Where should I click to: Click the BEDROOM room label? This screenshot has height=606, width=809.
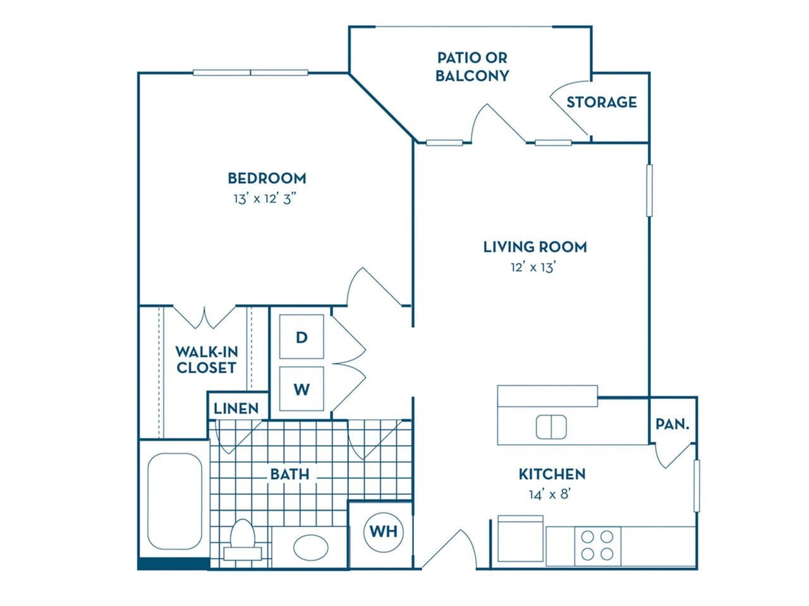click(267, 178)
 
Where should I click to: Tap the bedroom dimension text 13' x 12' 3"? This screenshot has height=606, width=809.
click(265, 199)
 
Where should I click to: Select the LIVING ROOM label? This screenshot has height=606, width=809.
click(535, 247)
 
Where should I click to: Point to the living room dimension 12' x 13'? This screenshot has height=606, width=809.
click(533, 267)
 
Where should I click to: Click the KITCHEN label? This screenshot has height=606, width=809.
click(552, 474)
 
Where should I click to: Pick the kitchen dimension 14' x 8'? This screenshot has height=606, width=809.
click(550, 494)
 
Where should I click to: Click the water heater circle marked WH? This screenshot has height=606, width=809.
click(384, 532)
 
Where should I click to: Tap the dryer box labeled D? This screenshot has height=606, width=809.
click(301, 337)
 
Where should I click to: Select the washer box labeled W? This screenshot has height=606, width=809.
click(301, 389)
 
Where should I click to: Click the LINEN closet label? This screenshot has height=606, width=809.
click(236, 408)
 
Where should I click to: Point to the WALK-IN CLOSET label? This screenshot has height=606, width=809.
click(206, 360)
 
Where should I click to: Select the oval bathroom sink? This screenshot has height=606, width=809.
click(311, 547)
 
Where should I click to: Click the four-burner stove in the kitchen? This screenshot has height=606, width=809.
click(597, 545)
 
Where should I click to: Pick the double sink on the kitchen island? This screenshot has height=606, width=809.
click(551, 427)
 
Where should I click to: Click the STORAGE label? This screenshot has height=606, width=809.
click(601, 102)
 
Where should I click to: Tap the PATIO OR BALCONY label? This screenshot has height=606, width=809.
click(472, 67)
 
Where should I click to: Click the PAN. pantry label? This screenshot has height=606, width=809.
click(672, 424)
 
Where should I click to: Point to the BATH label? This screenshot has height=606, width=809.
click(289, 473)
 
